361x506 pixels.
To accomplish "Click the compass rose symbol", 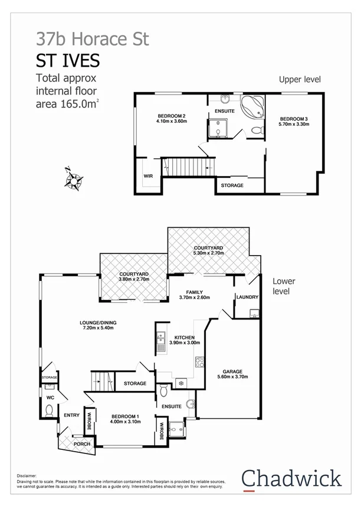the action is click(74, 179).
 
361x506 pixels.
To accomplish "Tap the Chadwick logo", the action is click(291, 478).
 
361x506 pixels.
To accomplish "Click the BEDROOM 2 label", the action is click(172, 116).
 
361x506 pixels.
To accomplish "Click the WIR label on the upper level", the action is click(148, 176).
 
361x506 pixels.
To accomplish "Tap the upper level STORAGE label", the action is click(232, 185).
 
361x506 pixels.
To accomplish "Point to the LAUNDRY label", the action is click(247, 297).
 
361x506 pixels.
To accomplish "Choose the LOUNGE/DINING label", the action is click(100, 322).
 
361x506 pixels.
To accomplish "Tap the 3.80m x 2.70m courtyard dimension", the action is click(133, 280).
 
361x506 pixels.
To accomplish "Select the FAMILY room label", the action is click(194, 292).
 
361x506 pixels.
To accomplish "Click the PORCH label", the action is click(81, 443).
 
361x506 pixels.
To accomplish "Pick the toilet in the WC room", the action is click(50, 409).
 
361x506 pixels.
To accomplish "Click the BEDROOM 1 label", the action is click(125, 417).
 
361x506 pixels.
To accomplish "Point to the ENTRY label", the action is click(71, 415).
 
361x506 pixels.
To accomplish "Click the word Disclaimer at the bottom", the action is click(27, 475).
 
